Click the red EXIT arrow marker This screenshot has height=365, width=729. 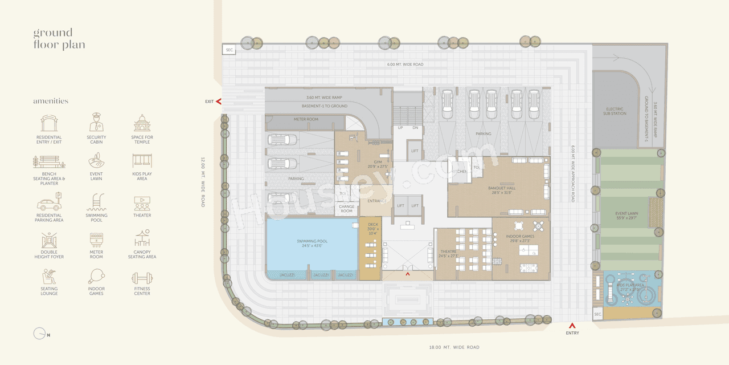219,102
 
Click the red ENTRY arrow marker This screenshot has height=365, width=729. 572,325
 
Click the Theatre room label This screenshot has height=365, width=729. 449,254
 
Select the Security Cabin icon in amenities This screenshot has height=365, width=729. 96,123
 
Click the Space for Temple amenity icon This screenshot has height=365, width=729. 142,123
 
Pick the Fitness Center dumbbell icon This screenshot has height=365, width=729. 142,278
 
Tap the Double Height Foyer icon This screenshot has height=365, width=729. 49,241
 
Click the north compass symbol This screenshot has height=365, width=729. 40,334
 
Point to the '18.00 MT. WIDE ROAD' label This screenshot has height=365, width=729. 454,347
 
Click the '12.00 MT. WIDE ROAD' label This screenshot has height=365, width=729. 203,182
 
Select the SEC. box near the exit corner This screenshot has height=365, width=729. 230,50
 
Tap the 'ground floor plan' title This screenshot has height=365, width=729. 59,38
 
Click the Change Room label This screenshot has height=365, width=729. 346,209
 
